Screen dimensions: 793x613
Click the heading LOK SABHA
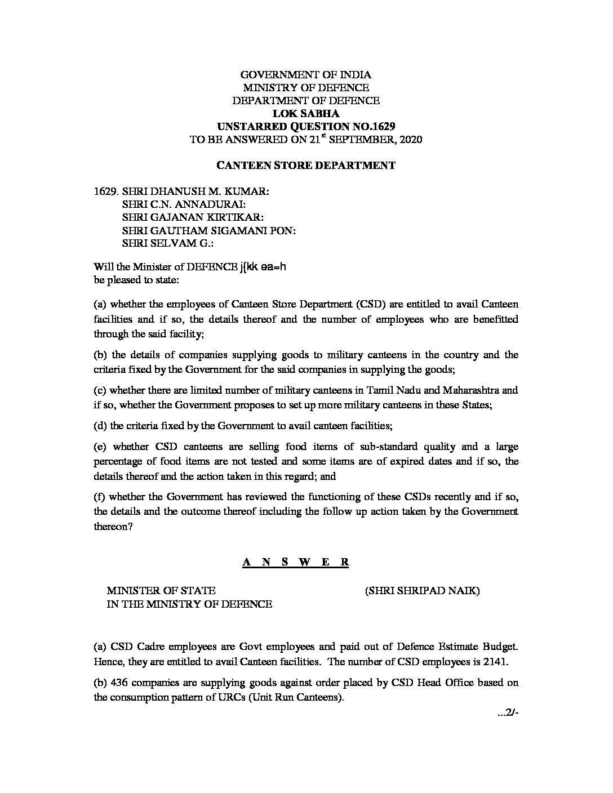pos(306,114)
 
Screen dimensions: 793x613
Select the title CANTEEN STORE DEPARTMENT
pos(306,165)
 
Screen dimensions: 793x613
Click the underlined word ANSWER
pos(296,562)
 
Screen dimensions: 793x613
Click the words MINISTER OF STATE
pos(161,591)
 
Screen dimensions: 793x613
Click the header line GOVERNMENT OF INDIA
pos(306,75)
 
